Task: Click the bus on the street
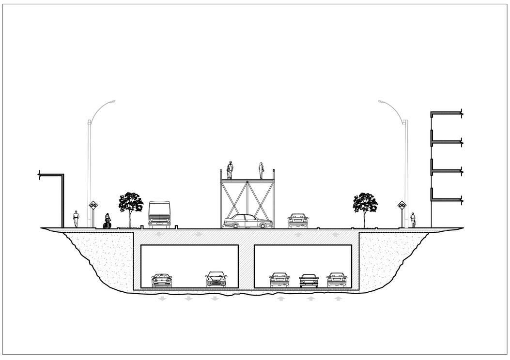pos(159,214)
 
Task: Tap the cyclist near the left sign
pos(107,221)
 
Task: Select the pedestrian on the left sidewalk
pos(76,219)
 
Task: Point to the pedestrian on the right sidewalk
pos(413,220)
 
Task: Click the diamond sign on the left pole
pos(93,205)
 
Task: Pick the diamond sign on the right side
pos(402,205)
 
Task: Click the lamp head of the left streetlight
pos(112,101)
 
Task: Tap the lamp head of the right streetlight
pos(381,101)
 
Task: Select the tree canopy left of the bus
pos(131,202)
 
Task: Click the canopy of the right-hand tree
pos(365,202)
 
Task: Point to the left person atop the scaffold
pos(230,170)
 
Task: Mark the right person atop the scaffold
pos(262,170)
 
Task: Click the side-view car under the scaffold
pos(248,222)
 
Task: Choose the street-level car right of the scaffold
pos(298,221)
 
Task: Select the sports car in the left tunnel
pos(162,280)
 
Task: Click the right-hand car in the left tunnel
pos(216,279)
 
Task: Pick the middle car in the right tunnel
pos(309,281)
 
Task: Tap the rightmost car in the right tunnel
pos(337,280)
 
